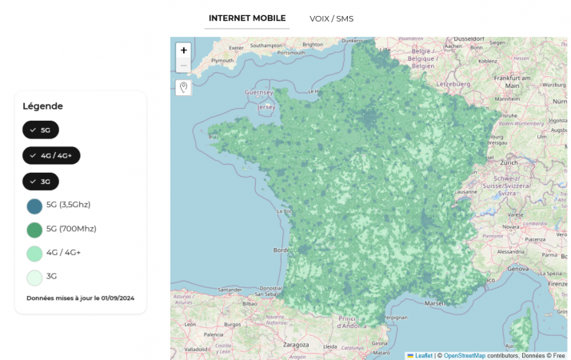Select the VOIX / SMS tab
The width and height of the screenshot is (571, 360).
[x=331, y=18]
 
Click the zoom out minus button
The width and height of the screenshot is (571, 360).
[x=184, y=65]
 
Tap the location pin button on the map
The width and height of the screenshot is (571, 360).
[x=184, y=87]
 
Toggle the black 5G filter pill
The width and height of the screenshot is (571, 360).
[x=41, y=130]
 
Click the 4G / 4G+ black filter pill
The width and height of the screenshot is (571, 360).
[x=51, y=155]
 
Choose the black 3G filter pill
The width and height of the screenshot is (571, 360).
[x=41, y=182]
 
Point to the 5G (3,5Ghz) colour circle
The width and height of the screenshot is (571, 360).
[x=34, y=206]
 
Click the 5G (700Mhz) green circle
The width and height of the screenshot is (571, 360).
[x=34, y=230]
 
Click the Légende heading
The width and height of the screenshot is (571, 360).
[x=42, y=106]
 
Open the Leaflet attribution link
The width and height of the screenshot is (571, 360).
[x=423, y=355]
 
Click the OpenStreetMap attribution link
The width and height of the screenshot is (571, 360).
[x=464, y=355]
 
